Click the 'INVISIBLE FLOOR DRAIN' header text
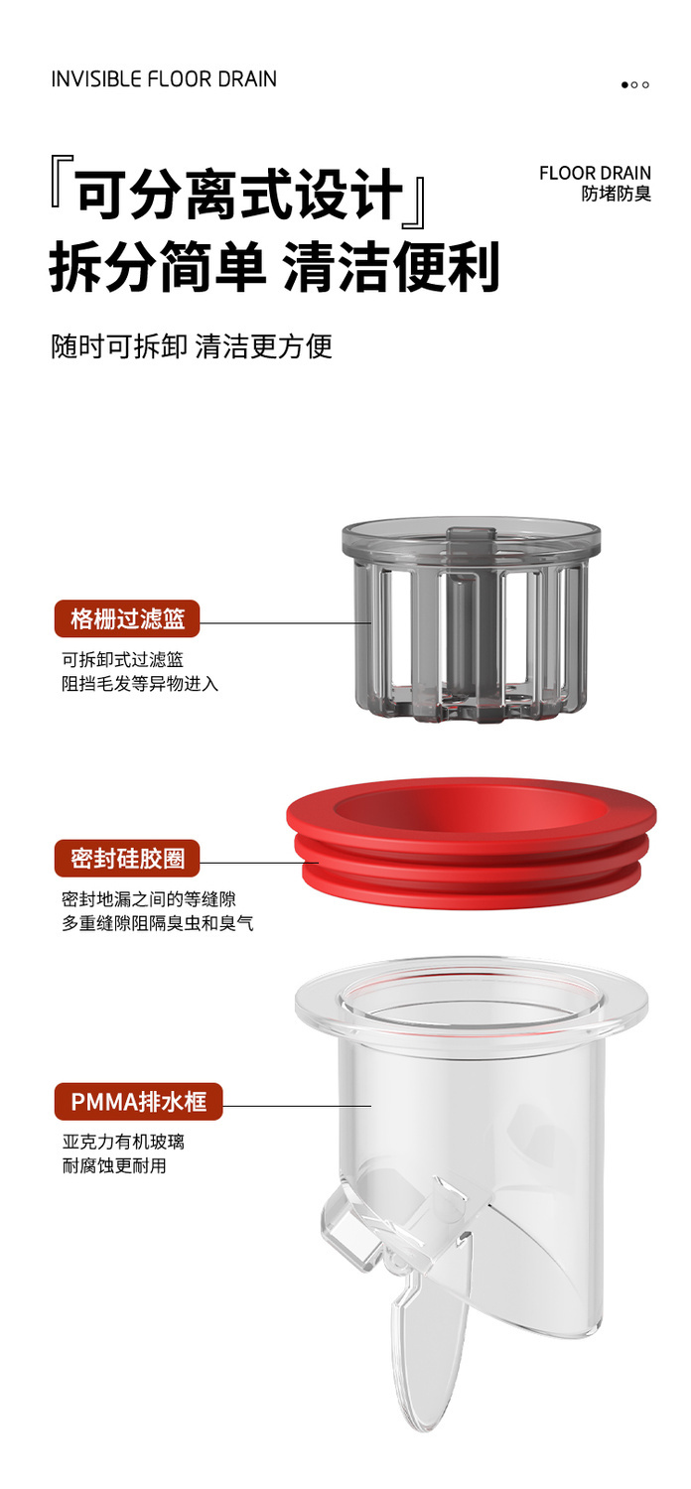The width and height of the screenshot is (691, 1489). (x=164, y=79)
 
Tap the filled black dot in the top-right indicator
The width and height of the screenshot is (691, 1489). (x=624, y=84)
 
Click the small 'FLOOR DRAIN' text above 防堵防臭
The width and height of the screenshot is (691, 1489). (x=595, y=173)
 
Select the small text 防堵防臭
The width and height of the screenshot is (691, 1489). (x=616, y=194)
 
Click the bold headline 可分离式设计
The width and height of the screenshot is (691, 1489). (x=240, y=195)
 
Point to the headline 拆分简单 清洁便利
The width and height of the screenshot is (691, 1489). (x=275, y=267)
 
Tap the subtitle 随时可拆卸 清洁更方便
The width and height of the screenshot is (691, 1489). (x=192, y=346)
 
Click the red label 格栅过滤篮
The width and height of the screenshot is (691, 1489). (x=127, y=618)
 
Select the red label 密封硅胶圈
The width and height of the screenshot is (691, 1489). (x=127, y=859)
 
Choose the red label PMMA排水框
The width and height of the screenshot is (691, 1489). (x=138, y=1102)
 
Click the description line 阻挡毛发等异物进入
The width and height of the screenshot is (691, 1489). (x=140, y=683)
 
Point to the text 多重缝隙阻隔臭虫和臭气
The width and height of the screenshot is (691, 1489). (x=158, y=922)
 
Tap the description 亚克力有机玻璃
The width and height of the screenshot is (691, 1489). (x=123, y=1142)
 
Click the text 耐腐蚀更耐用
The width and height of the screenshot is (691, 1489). (x=114, y=1165)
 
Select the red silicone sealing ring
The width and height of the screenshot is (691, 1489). (x=471, y=843)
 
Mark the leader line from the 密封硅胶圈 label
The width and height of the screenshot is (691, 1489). (x=259, y=863)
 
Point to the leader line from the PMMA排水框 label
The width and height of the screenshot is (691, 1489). (x=297, y=1106)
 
